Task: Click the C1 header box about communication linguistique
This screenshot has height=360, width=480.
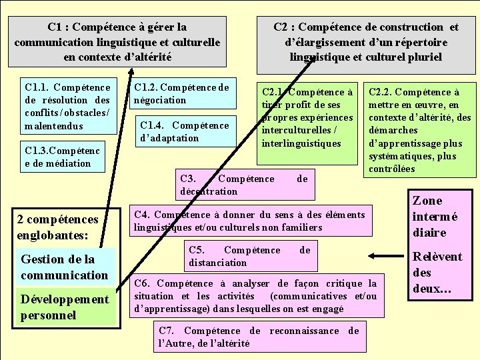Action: click(117, 41)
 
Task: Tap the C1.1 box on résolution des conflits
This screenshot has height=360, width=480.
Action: click(67, 107)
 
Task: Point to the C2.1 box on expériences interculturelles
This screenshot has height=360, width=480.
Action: click(307, 117)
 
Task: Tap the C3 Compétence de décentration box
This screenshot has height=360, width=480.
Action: click(244, 185)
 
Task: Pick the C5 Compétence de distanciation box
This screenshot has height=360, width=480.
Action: click(249, 256)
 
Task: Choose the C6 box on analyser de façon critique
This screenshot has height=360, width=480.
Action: click(255, 296)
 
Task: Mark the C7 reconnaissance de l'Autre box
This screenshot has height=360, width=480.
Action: click(259, 337)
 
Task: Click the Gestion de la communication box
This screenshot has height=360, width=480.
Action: click(65, 267)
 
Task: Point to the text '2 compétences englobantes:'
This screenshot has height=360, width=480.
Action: click(57, 227)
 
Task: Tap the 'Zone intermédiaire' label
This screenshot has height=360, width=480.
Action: click(435, 217)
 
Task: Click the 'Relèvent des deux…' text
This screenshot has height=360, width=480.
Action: click(437, 273)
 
